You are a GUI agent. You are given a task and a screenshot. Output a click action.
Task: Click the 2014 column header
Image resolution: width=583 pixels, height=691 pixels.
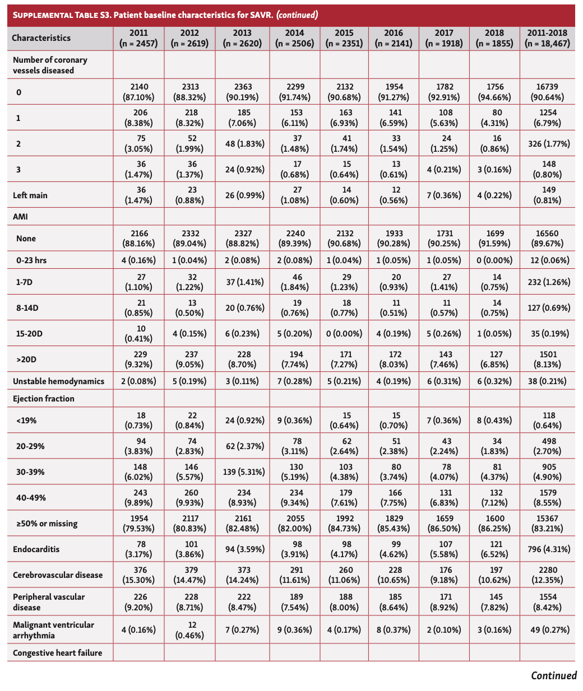click(295, 38)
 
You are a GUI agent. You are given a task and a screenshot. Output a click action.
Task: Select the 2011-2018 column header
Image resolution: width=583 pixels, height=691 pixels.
click(547, 38)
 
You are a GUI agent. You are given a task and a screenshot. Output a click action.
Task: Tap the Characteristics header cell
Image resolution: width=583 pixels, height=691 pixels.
click(41, 38)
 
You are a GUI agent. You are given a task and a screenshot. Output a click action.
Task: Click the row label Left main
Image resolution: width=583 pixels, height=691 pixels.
click(30, 195)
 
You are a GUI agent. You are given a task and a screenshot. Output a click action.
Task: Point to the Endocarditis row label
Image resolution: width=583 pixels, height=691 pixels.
click(36, 549)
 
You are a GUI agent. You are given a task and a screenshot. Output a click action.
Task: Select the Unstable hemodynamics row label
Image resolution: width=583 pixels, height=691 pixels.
click(59, 381)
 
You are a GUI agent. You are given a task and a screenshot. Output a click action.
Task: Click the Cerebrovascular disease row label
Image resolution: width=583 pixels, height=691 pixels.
click(58, 575)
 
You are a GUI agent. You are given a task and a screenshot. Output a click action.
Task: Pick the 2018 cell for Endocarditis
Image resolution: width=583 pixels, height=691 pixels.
click(494, 549)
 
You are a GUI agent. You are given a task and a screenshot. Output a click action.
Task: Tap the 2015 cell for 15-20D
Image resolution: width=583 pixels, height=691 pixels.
click(344, 334)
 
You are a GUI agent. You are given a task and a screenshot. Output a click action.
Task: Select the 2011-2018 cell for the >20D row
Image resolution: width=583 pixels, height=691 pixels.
click(547, 359)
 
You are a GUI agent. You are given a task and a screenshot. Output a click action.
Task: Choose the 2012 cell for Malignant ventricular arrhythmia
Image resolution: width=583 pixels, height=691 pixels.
click(189, 630)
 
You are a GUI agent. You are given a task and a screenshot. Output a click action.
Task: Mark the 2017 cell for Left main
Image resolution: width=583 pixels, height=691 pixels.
click(445, 195)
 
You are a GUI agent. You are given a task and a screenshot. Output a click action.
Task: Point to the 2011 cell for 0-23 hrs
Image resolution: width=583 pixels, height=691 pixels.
click(139, 260)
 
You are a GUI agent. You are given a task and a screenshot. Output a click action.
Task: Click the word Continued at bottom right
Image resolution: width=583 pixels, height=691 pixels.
click(553, 675)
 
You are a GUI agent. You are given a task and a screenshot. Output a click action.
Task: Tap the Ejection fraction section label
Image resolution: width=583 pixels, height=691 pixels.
click(44, 399)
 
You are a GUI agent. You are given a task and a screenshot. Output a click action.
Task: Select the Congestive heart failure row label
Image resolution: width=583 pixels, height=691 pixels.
click(58, 653)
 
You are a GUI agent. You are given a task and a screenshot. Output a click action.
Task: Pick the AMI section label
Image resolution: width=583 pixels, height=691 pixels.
click(20, 216)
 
